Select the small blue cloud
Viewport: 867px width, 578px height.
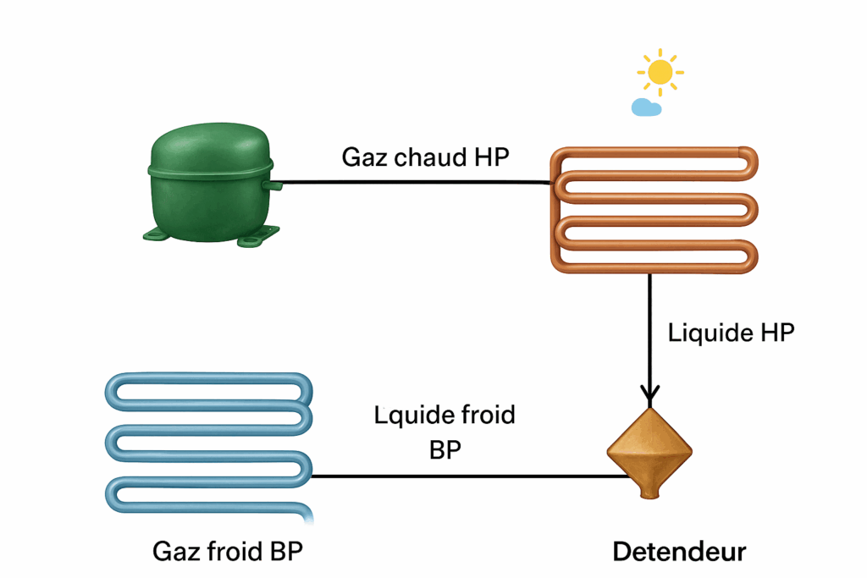pyautogui.click(x=646, y=107)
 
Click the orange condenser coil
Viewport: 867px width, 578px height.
pyautogui.click(x=654, y=209)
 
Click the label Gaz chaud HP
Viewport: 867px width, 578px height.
pyautogui.click(x=425, y=157)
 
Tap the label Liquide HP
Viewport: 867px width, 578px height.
pyautogui.click(x=732, y=333)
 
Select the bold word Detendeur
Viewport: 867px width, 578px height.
pyautogui.click(x=679, y=553)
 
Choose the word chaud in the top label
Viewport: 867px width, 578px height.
pyautogui.click(x=428, y=157)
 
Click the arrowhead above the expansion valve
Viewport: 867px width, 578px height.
pyautogui.click(x=650, y=394)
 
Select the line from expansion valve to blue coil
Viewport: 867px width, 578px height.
pyautogui.click(x=466, y=476)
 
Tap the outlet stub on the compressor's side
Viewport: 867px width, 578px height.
pyautogui.click(x=273, y=182)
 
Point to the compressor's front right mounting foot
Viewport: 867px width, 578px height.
pyautogui.click(x=253, y=241)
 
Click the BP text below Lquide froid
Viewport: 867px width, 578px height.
pyautogui.click(x=445, y=449)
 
